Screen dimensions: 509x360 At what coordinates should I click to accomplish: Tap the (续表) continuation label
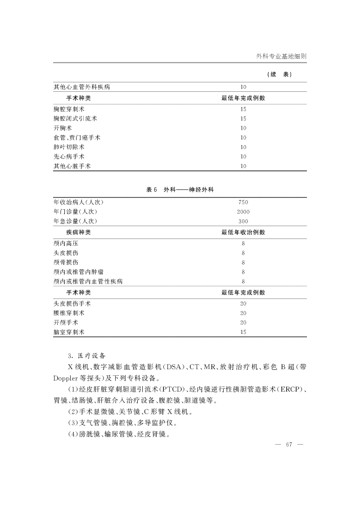[x=279, y=75]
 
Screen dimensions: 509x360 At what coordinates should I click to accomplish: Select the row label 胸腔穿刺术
[x=68, y=109]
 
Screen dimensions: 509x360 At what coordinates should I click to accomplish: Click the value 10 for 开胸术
[x=243, y=128]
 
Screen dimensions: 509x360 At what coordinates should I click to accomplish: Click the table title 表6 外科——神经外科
[x=180, y=190]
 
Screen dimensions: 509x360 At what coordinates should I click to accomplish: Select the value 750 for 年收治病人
[x=243, y=202]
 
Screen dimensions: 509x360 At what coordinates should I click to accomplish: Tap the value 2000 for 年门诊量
[x=243, y=212]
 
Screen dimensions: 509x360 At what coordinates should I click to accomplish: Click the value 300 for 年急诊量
[x=243, y=221]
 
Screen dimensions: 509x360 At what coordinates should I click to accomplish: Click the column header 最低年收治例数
[x=243, y=232]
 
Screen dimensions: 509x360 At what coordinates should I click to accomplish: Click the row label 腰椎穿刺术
[x=68, y=313]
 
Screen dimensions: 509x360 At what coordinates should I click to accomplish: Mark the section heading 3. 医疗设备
[x=85, y=355]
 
